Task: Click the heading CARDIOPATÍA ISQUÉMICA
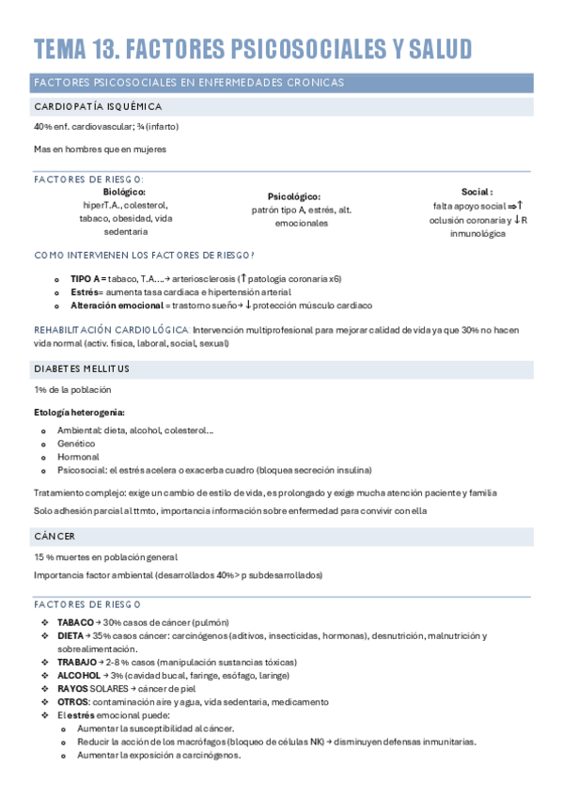[x=98, y=107]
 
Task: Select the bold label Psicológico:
[x=294, y=196]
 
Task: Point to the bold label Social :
[x=477, y=192]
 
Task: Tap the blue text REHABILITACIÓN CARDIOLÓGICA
[x=111, y=331]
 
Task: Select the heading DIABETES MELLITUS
[x=82, y=368]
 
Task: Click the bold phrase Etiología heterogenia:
[x=79, y=412]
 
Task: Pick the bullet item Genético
[x=76, y=443]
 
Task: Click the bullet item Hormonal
[x=78, y=457]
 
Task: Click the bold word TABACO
[x=75, y=622]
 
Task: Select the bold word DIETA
[x=70, y=635]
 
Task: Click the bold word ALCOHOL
[x=78, y=675]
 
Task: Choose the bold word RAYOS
[x=73, y=688]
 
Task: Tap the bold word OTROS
[x=73, y=701]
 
